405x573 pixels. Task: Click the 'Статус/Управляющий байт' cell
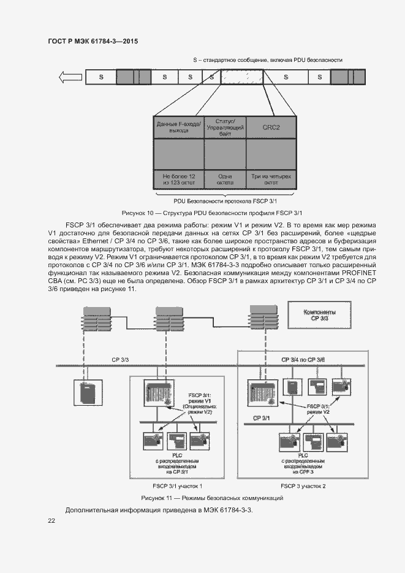[x=225, y=127]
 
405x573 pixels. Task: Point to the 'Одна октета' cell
[x=225, y=179]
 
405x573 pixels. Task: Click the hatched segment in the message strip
[x=241, y=77]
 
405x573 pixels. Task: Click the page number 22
[x=51, y=520]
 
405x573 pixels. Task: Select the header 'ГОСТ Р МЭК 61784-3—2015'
[x=92, y=41]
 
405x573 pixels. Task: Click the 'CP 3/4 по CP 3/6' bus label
[x=303, y=359]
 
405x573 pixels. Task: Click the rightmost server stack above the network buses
[x=258, y=322]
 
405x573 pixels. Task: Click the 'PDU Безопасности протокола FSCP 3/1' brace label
[x=225, y=200]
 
